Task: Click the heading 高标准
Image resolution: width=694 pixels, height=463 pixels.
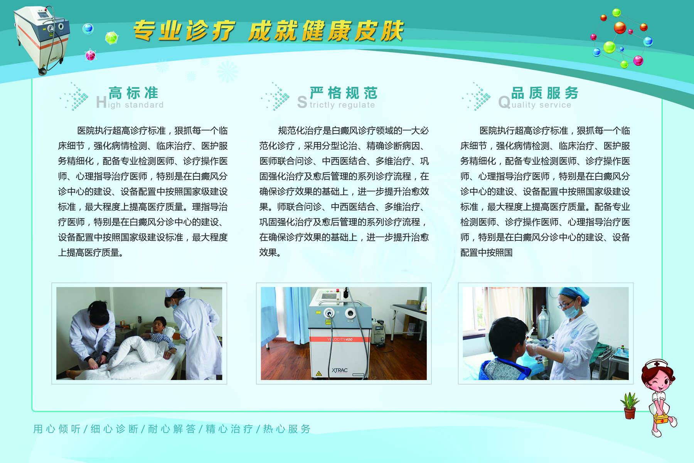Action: tap(133, 93)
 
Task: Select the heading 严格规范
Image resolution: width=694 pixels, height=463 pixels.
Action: tap(344, 93)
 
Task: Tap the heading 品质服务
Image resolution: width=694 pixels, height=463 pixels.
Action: tap(545, 93)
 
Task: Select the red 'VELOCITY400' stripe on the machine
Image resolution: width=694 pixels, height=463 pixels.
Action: tap(340, 339)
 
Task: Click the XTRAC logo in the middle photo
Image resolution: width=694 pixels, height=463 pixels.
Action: tap(340, 370)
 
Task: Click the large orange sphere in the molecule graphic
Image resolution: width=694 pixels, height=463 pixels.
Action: tap(620, 28)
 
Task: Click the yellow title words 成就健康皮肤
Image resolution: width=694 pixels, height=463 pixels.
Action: tap(326, 31)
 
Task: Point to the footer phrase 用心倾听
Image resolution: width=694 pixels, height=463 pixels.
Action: tap(57, 429)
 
